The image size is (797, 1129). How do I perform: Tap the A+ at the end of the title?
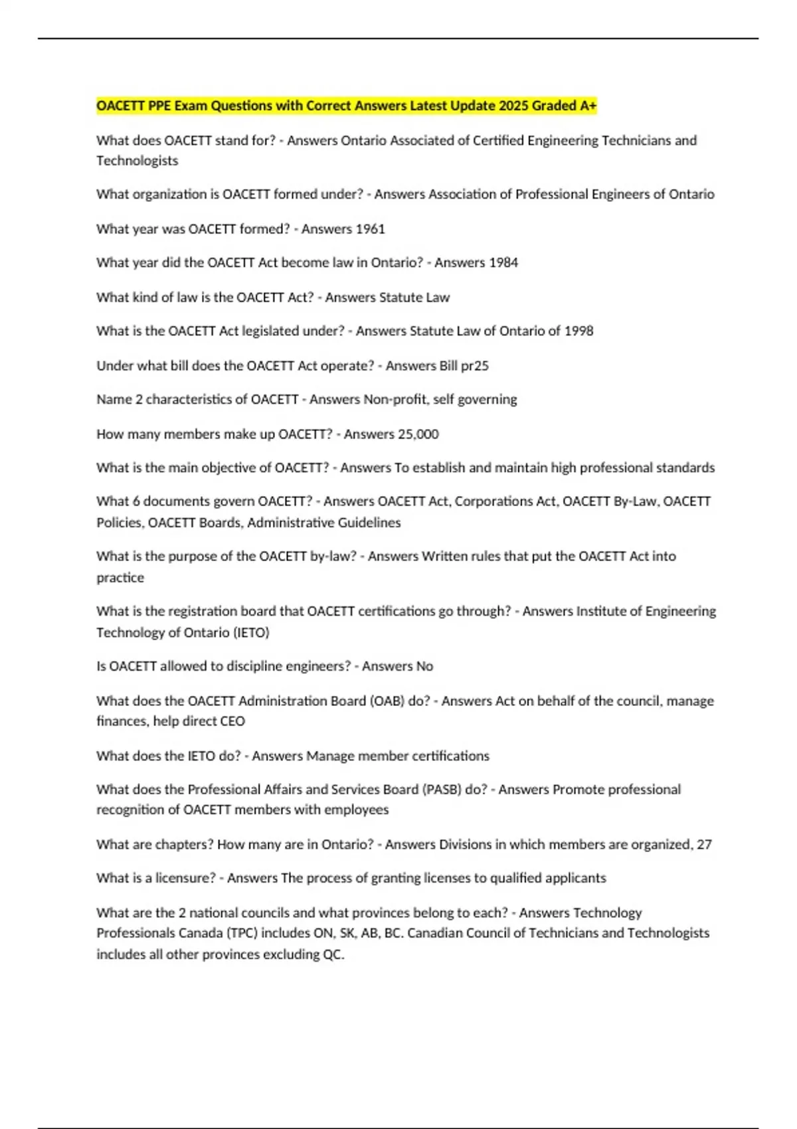(x=588, y=106)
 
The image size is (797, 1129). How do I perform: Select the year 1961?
(x=371, y=229)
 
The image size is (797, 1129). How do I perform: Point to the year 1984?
(x=503, y=263)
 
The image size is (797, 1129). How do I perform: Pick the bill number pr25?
(x=474, y=366)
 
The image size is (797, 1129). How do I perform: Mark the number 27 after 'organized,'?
(x=704, y=845)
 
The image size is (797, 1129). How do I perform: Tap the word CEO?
(x=232, y=721)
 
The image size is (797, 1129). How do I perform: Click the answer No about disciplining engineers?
(x=424, y=667)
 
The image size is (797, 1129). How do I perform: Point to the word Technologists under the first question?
(x=137, y=161)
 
